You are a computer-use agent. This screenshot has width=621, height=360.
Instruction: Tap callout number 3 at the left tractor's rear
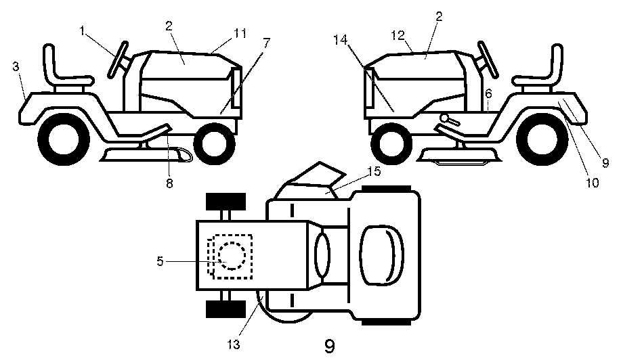point(16,67)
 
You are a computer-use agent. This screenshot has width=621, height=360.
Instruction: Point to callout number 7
point(266,42)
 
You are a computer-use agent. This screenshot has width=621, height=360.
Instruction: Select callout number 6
point(488,93)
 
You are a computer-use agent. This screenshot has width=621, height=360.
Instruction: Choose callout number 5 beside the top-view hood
point(160,260)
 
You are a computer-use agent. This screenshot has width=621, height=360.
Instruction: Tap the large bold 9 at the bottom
point(329,346)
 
